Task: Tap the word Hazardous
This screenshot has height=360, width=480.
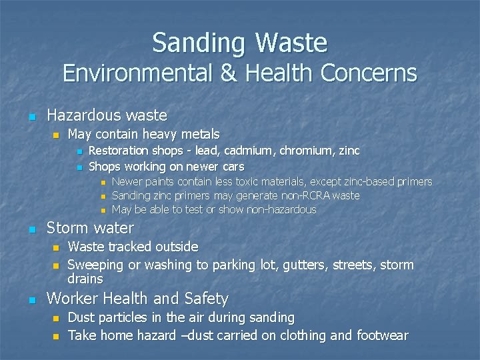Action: click(x=83, y=115)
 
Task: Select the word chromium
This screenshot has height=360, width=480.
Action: click(x=307, y=151)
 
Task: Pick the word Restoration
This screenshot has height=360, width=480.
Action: click(x=119, y=151)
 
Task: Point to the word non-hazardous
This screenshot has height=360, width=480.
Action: click(x=278, y=209)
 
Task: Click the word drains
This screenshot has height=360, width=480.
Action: click(x=85, y=279)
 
